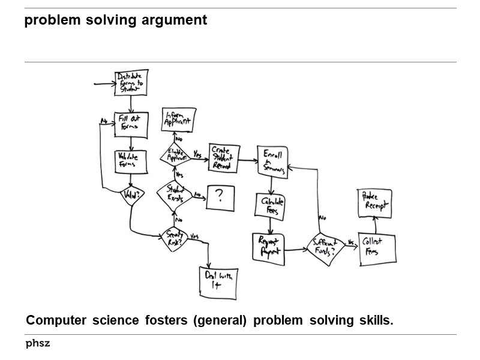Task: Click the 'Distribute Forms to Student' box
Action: (131, 83)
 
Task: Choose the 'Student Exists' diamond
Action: (174, 193)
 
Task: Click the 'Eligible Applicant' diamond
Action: (175, 155)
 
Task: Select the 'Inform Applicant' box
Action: (177, 119)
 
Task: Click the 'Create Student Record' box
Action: (224, 158)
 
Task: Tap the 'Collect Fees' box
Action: (377, 247)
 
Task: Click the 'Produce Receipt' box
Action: (374, 202)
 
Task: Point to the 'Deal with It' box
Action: (218, 282)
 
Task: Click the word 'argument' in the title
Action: (178, 20)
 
